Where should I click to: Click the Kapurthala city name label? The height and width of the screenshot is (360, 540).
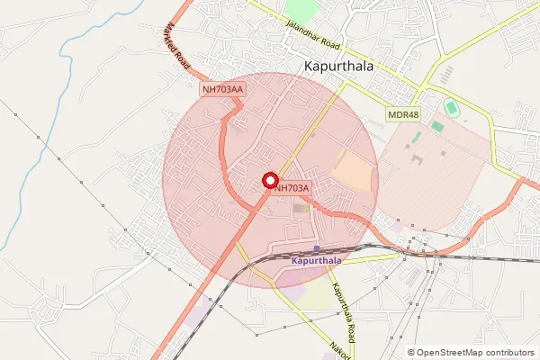click(x=345, y=66)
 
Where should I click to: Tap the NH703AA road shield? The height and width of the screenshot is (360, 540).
click(x=223, y=89)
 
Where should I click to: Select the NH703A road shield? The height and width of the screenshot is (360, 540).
click(x=292, y=188)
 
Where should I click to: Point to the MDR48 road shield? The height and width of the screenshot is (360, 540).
click(x=403, y=114)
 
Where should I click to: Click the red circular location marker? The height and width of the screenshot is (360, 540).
click(x=269, y=181)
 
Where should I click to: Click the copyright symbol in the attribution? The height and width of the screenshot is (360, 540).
click(x=411, y=353)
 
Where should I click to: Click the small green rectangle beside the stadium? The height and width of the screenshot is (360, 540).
click(x=436, y=126)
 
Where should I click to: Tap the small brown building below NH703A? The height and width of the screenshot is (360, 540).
click(x=301, y=209)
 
